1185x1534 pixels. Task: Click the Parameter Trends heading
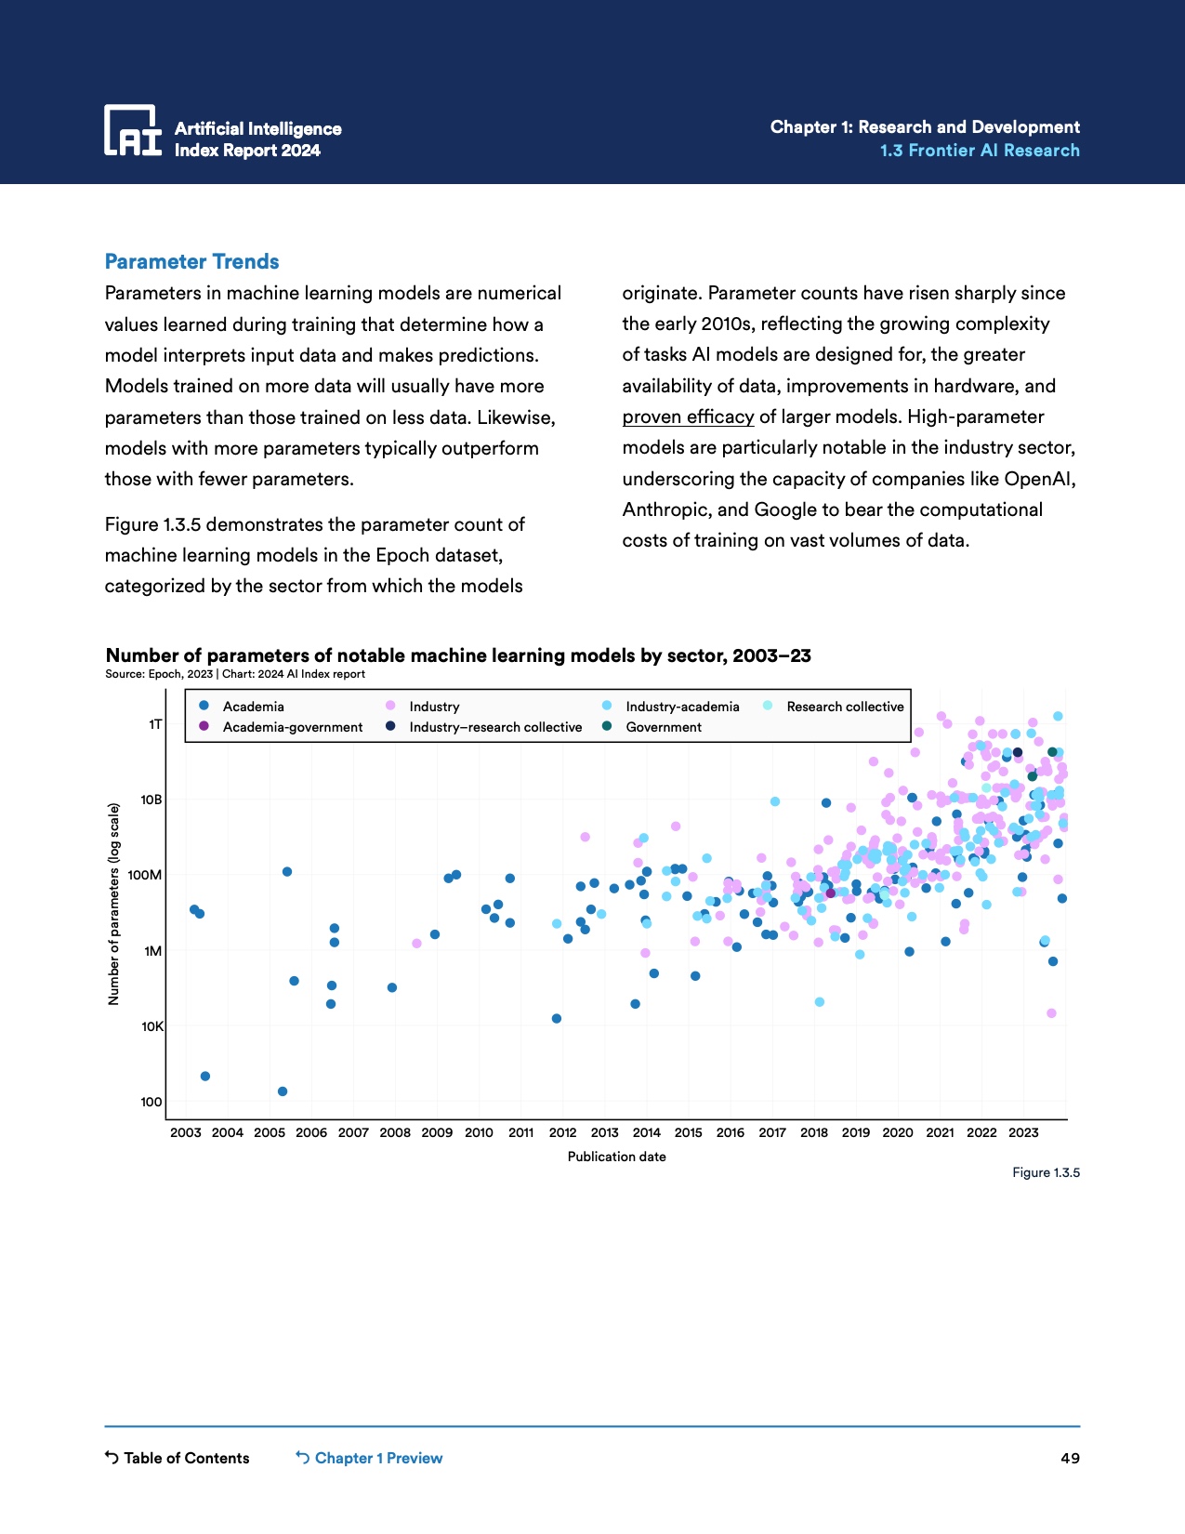click(191, 262)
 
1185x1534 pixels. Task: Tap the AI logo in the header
click(133, 130)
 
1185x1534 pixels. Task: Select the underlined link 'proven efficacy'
click(688, 417)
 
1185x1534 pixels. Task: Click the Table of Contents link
click(178, 1458)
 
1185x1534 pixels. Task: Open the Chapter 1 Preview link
click(370, 1458)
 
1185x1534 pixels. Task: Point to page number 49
click(1070, 1458)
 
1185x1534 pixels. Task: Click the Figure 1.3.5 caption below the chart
click(1046, 1172)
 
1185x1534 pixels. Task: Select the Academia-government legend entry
click(292, 727)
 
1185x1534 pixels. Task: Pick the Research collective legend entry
click(845, 707)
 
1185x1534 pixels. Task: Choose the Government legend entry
click(664, 727)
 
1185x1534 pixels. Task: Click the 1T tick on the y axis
click(155, 723)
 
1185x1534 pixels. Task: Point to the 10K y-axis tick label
click(151, 1026)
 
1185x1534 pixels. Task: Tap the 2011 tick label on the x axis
click(520, 1132)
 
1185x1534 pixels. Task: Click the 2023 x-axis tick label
click(1023, 1132)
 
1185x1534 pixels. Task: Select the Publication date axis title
click(616, 1157)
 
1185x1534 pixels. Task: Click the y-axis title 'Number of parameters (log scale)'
click(114, 904)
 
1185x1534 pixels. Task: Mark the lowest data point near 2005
click(283, 1091)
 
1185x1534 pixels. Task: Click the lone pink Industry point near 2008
click(416, 944)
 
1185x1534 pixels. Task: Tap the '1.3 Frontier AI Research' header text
click(980, 151)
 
